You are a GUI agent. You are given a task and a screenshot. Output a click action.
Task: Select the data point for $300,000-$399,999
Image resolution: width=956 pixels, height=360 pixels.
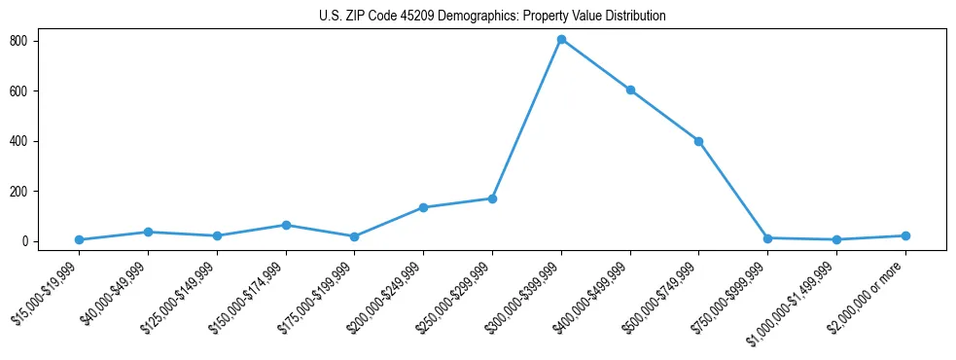click(x=561, y=40)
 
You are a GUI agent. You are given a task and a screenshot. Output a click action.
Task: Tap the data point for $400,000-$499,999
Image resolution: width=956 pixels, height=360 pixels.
click(x=630, y=90)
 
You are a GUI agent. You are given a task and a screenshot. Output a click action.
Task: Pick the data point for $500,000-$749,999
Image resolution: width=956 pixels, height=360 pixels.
click(x=698, y=141)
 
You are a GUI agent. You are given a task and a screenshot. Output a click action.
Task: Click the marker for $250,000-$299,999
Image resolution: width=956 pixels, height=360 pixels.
click(x=492, y=198)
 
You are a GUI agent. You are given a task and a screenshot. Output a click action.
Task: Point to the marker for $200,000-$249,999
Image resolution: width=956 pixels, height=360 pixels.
click(x=423, y=207)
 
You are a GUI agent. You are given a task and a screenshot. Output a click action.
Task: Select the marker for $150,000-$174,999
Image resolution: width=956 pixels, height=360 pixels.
click(x=286, y=225)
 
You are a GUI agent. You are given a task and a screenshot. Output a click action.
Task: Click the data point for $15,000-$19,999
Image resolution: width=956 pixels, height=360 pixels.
click(x=79, y=239)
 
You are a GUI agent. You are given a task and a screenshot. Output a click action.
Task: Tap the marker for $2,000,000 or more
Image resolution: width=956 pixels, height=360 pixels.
click(x=905, y=235)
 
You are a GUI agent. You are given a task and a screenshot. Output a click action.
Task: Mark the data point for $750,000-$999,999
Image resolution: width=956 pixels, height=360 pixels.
click(x=767, y=238)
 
